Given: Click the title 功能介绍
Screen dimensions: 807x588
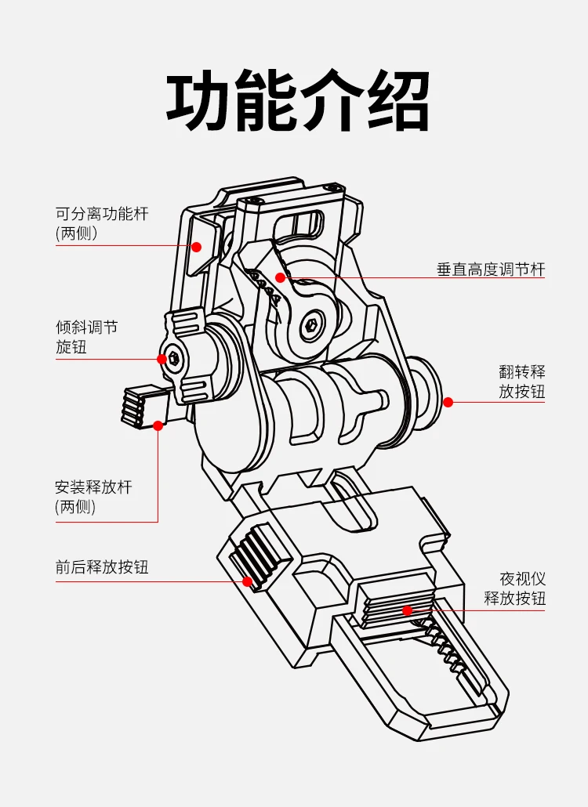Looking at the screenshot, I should (298, 102).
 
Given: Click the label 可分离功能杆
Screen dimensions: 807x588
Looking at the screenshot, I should (102, 213).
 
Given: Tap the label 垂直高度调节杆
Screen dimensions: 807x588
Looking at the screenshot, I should (490, 270).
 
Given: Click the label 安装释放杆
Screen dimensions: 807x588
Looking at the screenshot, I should (93, 487).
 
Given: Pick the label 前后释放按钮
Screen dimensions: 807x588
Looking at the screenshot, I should (102, 567).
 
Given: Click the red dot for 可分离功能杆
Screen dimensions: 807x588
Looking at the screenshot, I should (197, 247).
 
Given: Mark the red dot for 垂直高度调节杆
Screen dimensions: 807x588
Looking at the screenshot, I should (281, 277).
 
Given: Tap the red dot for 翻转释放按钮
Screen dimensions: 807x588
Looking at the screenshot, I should (448, 402).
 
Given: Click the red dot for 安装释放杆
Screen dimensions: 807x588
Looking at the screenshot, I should (158, 425).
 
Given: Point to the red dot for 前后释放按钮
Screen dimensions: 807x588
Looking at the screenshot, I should (248, 581).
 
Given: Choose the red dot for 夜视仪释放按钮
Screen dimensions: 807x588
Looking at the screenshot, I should (407, 610).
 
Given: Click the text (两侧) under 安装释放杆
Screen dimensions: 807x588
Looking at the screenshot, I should (76, 507).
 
